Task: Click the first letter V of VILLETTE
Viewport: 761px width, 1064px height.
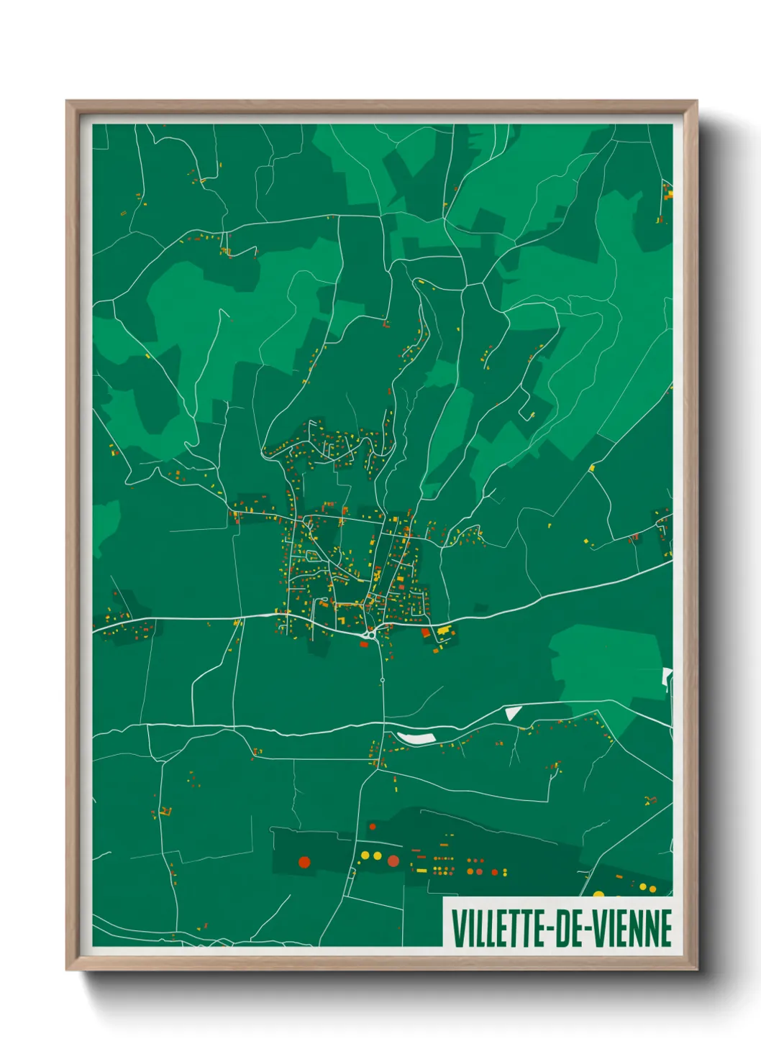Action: point(457,928)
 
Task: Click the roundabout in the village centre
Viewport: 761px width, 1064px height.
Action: point(370,634)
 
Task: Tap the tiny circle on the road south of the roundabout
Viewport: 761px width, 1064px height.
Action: point(383,679)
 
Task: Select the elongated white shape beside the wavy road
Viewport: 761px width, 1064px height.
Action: point(415,738)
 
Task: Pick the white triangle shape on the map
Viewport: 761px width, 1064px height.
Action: point(513,712)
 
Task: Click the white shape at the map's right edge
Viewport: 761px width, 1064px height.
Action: point(667,677)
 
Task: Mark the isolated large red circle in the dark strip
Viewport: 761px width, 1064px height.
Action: point(304,862)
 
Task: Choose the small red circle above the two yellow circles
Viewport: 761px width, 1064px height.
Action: point(373,827)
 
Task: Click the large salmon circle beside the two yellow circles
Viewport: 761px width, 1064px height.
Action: point(393,861)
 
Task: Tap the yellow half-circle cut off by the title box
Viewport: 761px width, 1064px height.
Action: point(598,894)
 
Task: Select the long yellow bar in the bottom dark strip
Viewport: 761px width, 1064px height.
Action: point(421,871)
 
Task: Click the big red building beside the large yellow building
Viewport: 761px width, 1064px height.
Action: point(425,633)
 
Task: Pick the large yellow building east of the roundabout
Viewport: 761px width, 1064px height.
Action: point(442,631)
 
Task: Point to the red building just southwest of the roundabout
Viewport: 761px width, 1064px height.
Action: point(363,643)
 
